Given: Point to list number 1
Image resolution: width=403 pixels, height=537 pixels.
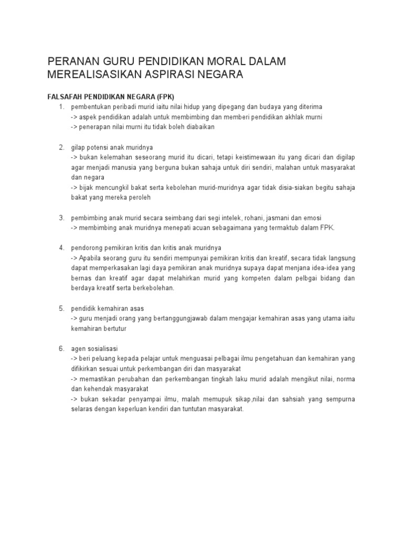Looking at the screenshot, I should [61, 107].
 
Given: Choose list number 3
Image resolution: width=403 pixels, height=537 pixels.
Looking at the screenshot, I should [61, 218].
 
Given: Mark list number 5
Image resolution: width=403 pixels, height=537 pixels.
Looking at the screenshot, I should [61, 308].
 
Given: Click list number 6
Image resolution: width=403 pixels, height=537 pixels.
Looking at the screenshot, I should [61, 348].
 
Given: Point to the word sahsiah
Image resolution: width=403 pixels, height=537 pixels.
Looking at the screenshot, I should [283, 399].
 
